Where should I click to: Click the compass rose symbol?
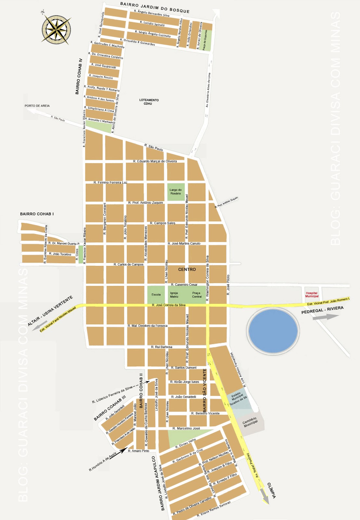click(x=57, y=29)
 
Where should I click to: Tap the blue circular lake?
click(x=273, y=331)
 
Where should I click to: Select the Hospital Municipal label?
click(x=312, y=294)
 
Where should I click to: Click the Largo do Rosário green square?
click(x=175, y=192)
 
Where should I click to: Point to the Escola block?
click(x=156, y=295)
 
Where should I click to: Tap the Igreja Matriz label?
click(x=174, y=295)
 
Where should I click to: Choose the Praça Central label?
click(x=197, y=295)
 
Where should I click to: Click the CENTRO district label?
click(x=187, y=269)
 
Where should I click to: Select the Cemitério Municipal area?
click(x=250, y=422)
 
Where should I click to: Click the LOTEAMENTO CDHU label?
click(x=149, y=102)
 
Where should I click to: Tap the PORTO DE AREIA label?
click(x=37, y=106)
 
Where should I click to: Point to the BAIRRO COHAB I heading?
click(x=37, y=214)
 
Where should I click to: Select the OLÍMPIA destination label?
click(x=272, y=491)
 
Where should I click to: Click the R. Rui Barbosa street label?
click(x=161, y=347)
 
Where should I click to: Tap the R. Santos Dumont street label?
click(x=184, y=368)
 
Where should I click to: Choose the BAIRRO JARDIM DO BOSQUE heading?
click(x=155, y=7)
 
